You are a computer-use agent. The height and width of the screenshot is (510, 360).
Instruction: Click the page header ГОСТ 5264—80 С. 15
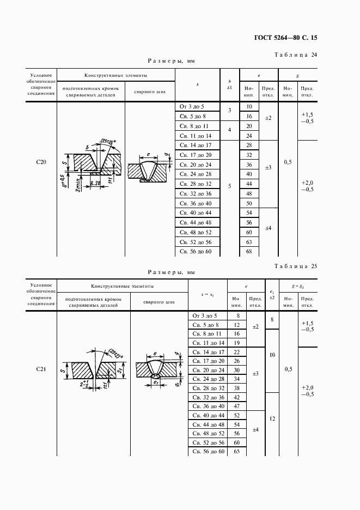(x=285, y=38)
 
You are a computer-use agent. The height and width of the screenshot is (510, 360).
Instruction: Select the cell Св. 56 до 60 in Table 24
(x=198, y=251)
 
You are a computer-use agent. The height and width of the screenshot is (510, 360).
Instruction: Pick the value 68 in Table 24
(x=249, y=251)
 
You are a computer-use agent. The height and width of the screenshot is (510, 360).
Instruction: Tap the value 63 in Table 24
(x=249, y=241)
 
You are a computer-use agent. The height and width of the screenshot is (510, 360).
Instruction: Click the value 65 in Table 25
(x=236, y=452)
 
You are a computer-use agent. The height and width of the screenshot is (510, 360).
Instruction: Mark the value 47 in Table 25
(x=236, y=406)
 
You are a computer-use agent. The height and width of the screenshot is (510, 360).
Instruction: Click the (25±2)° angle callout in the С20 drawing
(x=109, y=143)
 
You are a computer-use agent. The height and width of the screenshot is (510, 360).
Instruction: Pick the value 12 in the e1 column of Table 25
(x=271, y=419)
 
